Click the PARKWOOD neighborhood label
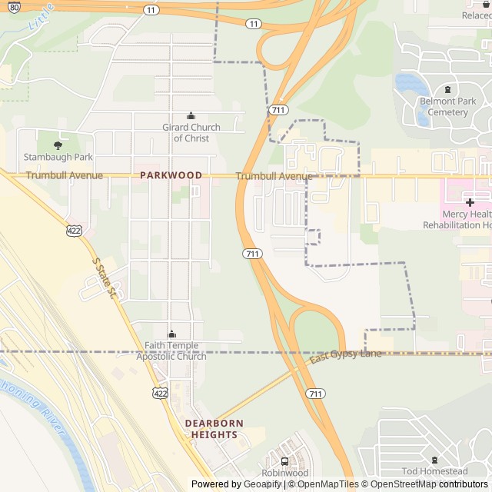[171, 175]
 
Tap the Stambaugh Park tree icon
[58, 145]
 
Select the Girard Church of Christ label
[191, 132]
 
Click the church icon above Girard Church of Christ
[191, 116]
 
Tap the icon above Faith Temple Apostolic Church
[171, 334]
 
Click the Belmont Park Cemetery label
[447, 107]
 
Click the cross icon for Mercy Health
[469, 202]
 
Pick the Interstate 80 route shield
[15, 6]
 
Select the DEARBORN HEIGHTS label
[214, 429]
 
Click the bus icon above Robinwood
[285, 461]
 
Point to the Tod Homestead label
[434, 471]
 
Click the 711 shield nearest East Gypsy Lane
[314, 394]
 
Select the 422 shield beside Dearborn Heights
[159, 394]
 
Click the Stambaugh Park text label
[58, 157]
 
